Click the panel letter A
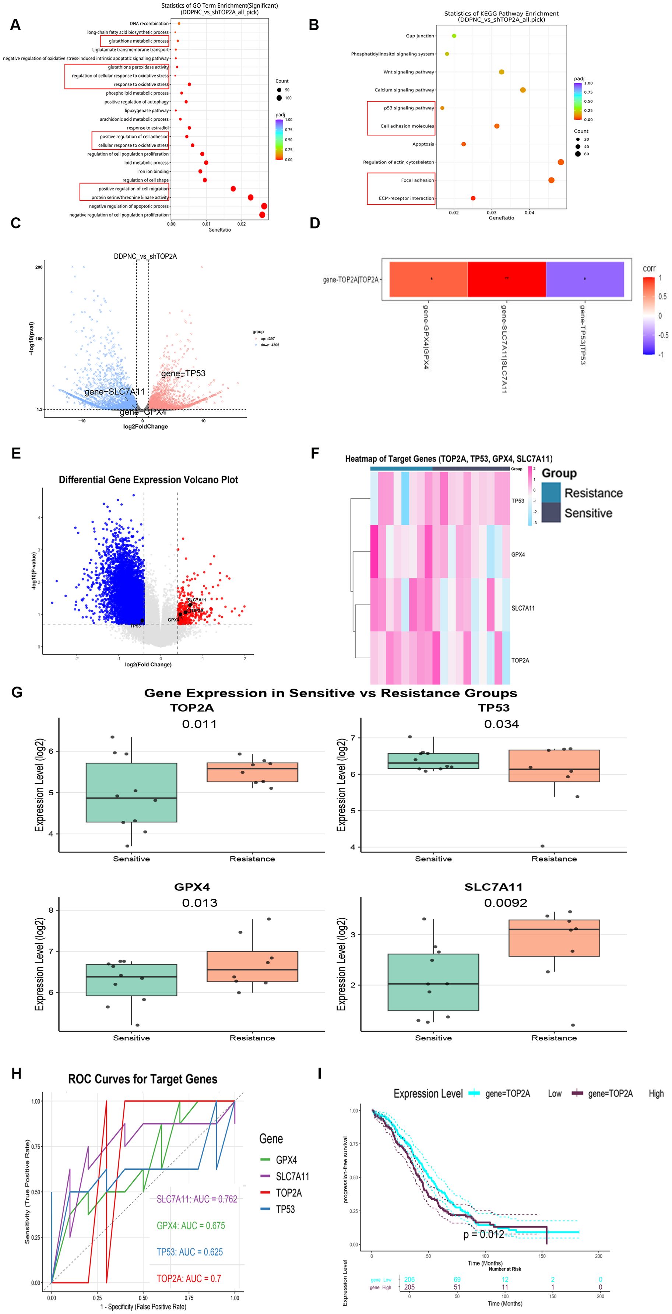[x=15, y=25]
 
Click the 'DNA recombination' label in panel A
[x=149, y=24]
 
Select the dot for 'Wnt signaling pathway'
[x=502, y=72]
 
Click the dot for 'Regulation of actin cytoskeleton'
[x=561, y=162]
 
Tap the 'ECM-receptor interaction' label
[x=406, y=198]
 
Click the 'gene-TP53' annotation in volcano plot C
[x=183, y=373]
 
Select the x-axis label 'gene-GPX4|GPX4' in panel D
[x=426, y=337]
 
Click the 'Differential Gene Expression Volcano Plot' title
[x=148, y=479]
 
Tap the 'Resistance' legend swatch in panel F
[x=550, y=493]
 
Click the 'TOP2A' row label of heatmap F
[x=520, y=660]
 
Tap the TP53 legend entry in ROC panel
[x=285, y=1209]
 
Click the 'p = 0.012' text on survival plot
[x=483, y=1234]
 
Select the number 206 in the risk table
[x=409, y=1279]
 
